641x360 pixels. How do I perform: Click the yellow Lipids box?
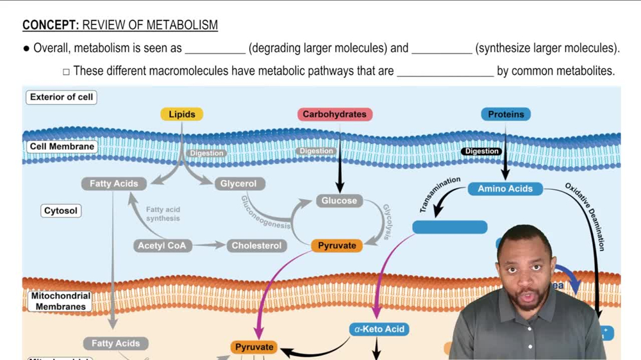click(181, 115)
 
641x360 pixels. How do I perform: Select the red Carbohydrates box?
click(334, 115)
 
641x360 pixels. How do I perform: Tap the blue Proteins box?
click(506, 115)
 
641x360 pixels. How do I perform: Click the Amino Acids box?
click(505, 188)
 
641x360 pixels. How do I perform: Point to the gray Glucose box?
click(339, 201)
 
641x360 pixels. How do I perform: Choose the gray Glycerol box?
click(238, 184)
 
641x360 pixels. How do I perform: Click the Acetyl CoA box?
click(162, 245)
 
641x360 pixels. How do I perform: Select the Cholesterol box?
click(256, 245)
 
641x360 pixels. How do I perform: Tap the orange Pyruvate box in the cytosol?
click(337, 245)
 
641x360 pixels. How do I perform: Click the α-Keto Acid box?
click(379, 329)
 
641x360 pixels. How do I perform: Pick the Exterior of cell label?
click(62, 97)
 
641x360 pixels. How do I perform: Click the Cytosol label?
click(61, 211)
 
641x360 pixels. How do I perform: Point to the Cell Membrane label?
click(62, 147)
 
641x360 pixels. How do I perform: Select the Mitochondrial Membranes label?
click(61, 301)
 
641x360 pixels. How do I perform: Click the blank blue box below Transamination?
click(449, 227)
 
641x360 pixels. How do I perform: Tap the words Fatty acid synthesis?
click(163, 214)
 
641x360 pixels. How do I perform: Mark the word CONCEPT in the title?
click(50, 26)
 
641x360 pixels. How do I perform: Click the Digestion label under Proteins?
click(482, 152)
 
